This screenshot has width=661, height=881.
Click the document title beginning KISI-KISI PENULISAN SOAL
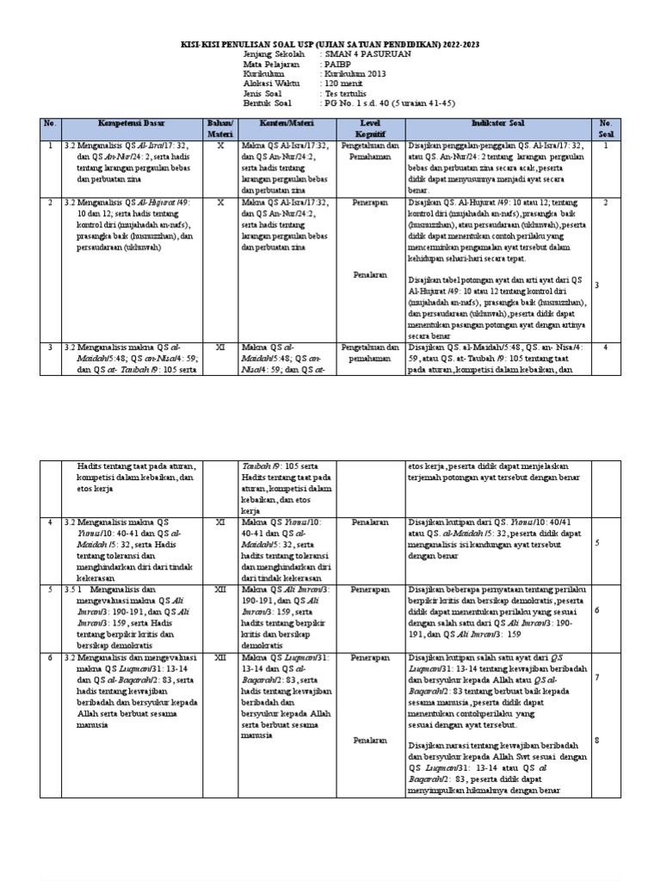coord(330,43)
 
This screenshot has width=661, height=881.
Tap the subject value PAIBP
coord(337,65)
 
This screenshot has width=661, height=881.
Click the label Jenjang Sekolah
coord(275,53)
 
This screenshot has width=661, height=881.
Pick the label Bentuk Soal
coord(269,106)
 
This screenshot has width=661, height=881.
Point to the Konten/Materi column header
coord(287,124)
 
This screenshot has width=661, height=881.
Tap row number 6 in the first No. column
coord(51,656)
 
